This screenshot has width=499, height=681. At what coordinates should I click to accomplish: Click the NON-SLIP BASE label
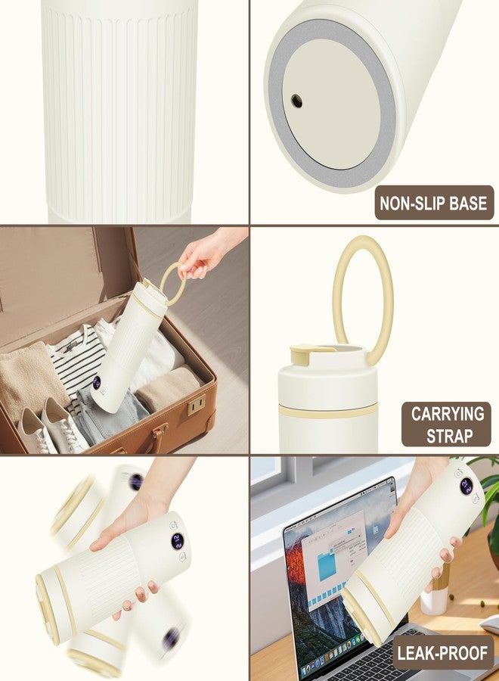434,203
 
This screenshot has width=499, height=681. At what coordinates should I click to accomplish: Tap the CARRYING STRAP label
447,424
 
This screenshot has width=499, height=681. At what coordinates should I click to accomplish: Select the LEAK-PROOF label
442,653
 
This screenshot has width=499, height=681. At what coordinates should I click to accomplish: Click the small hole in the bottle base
297,101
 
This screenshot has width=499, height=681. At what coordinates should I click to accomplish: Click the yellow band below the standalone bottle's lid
327,412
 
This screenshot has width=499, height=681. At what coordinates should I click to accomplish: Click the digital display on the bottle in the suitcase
96,382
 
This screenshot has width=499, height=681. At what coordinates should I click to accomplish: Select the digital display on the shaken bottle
177,541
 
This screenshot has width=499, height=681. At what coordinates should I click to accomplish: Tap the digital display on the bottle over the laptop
466,486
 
